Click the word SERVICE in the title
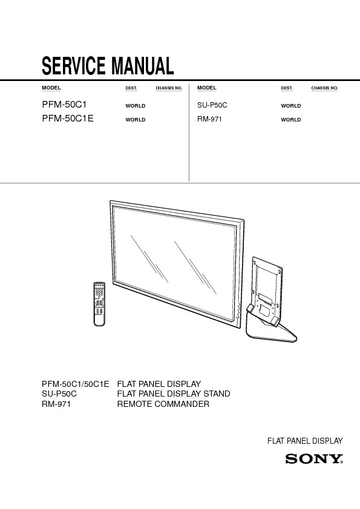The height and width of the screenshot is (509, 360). pyautogui.click(x=74, y=66)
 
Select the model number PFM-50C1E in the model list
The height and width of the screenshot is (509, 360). pyautogui.click(x=68, y=118)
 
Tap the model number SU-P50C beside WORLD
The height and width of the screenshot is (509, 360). pyautogui.click(x=212, y=105)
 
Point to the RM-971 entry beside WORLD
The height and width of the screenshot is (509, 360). pyautogui.click(x=209, y=119)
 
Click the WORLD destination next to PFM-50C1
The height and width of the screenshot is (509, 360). pyautogui.click(x=136, y=106)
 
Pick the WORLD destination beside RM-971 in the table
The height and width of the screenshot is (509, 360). pyautogui.click(x=291, y=120)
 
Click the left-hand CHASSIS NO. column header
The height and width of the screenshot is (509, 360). pyautogui.click(x=169, y=88)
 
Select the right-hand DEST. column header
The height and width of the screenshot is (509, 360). pyautogui.click(x=287, y=88)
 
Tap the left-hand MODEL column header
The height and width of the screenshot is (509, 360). pyautogui.click(x=51, y=88)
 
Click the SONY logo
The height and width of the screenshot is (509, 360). pyautogui.click(x=314, y=459)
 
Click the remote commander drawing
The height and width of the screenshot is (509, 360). pyautogui.click(x=99, y=304)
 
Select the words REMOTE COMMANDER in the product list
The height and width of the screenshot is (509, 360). pyautogui.click(x=163, y=404)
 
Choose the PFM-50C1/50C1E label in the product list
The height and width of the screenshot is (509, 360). pyautogui.click(x=76, y=384)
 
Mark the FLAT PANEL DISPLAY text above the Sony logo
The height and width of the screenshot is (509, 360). pyautogui.click(x=305, y=441)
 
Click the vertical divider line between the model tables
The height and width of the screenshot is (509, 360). pyautogui.click(x=189, y=132)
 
